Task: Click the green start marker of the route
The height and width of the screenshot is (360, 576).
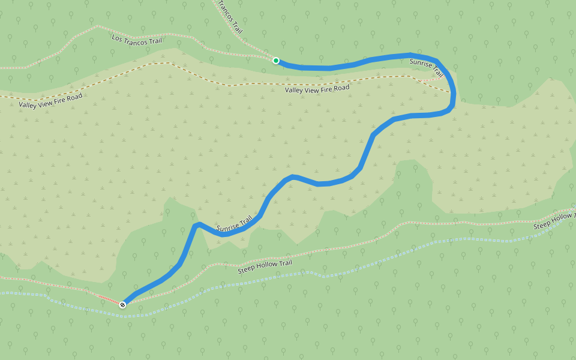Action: click(x=276, y=61)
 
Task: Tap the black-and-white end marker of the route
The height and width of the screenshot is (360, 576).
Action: click(x=122, y=305)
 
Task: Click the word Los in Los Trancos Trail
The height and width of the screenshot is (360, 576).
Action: click(x=118, y=37)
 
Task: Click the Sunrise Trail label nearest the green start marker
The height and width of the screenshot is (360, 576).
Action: click(x=427, y=67)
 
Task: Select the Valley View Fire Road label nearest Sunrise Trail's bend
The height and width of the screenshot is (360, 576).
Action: click(x=317, y=89)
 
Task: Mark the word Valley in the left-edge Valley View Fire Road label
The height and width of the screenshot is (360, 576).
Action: click(x=28, y=104)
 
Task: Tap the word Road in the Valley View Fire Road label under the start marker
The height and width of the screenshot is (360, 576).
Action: click(x=340, y=88)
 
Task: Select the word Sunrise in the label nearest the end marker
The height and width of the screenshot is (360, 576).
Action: click(x=227, y=227)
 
